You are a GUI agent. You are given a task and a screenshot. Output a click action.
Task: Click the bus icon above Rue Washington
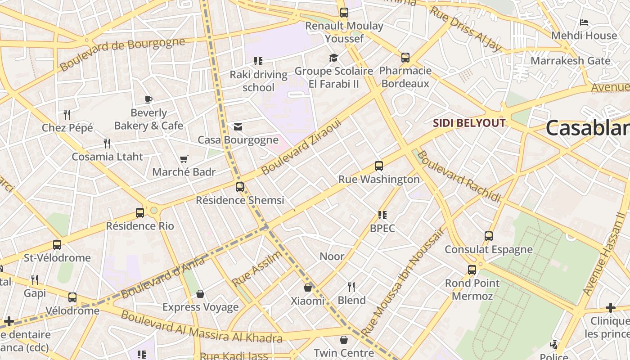click(x=379, y=166)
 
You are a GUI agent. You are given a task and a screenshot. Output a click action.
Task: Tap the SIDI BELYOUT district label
click(x=469, y=123)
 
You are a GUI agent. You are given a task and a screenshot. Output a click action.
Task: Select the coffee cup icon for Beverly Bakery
click(x=148, y=99)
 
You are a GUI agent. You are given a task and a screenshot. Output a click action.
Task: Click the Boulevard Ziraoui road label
click(x=301, y=147)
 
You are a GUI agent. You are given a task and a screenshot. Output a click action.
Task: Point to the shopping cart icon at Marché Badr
click(x=184, y=159)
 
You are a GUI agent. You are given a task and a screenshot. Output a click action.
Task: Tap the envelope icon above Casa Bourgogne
click(x=238, y=127)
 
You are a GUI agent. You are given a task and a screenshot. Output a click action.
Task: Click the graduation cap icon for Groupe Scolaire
click(x=333, y=58)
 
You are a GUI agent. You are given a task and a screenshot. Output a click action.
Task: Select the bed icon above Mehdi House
click(x=584, y=22)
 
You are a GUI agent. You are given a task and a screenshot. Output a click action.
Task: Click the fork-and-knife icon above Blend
click(x=351, y=287)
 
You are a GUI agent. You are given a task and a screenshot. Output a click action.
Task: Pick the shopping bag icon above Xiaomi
click(x=308, y=288)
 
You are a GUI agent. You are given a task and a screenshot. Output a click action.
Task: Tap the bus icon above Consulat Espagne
click(x=489, y=236)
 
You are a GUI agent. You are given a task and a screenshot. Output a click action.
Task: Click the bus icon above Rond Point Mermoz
click(x=472, y=270)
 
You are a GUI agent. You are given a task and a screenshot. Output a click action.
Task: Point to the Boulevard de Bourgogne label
click(x=122, y=54)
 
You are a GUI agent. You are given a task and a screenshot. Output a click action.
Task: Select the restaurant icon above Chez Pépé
click(x=67, y=114)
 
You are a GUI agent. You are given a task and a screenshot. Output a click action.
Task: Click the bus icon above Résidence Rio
click(x=140, y=213)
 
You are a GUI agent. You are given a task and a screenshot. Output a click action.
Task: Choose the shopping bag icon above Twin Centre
click(x=344, y=340)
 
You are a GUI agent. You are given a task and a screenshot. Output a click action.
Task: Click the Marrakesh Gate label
click(x=571, y=61)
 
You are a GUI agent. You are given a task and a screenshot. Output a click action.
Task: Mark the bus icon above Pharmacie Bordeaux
click(x=405, y=58)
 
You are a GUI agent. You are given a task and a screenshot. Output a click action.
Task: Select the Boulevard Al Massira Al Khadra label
click(x=201, y=327)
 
